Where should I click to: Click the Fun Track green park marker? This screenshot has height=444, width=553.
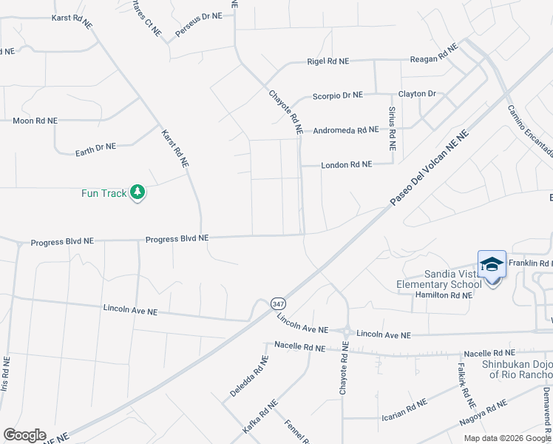pyautogui.click(x=137, y=192)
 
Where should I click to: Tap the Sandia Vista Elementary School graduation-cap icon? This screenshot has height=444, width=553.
pyautogui.click(x=492, y=264)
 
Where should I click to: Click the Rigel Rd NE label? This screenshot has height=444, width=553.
pyautogui.click(x=328, y=62)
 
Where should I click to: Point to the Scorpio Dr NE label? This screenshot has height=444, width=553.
pyautogui.click(x=337, y=95)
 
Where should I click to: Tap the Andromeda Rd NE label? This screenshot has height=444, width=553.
pyautogui.click(x=345, y=129)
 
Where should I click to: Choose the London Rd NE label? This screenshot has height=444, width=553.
pyautogui.click(x=346, y=165)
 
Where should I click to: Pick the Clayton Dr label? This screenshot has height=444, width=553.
pyautogui.click(x=417, y=94)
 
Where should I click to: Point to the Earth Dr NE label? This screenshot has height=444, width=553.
pyautogui.click(x=95, y=149)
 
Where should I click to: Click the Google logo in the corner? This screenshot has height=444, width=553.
pyautogui.click(x=24, y=435)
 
